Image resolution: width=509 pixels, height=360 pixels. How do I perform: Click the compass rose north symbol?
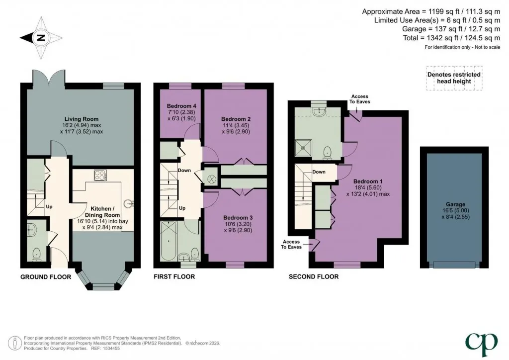pyautogui.click(x=41, y=38)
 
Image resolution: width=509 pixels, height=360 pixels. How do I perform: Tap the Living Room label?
pyautogui.click(x=81, y=119)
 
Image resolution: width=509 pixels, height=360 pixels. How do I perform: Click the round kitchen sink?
pyautogui.click(x=130, y=204)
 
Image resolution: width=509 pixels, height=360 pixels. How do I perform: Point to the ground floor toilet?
pyautogui.click(x=37, y=255)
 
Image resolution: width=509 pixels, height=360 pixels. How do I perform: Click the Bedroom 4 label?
pyautogui.click(x=181, y=106)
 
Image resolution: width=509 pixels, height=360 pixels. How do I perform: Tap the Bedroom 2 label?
pyautogui.click(x=236, y=119)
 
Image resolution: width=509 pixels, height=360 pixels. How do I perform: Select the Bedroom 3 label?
pyautogui.click(x=238, y=218)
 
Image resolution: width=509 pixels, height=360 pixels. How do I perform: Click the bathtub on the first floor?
pyautogui.click(x=169, y=241)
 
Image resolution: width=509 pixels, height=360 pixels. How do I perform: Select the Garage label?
pyautogui.click(x=455, y=204)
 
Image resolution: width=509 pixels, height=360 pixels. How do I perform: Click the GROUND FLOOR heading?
pyautogui.click(x=46, y=277)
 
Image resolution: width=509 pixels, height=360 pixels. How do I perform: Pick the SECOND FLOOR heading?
pyautogui.click(x=314, y=277)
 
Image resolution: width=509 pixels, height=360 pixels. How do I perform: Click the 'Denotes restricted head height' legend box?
pyautogui.click(x=454, y=78)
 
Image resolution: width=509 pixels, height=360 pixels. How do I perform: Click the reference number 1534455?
pyautogui.click(x=111, y=348)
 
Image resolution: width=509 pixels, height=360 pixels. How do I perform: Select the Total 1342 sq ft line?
pyautogui.click(x=451, y=38)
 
